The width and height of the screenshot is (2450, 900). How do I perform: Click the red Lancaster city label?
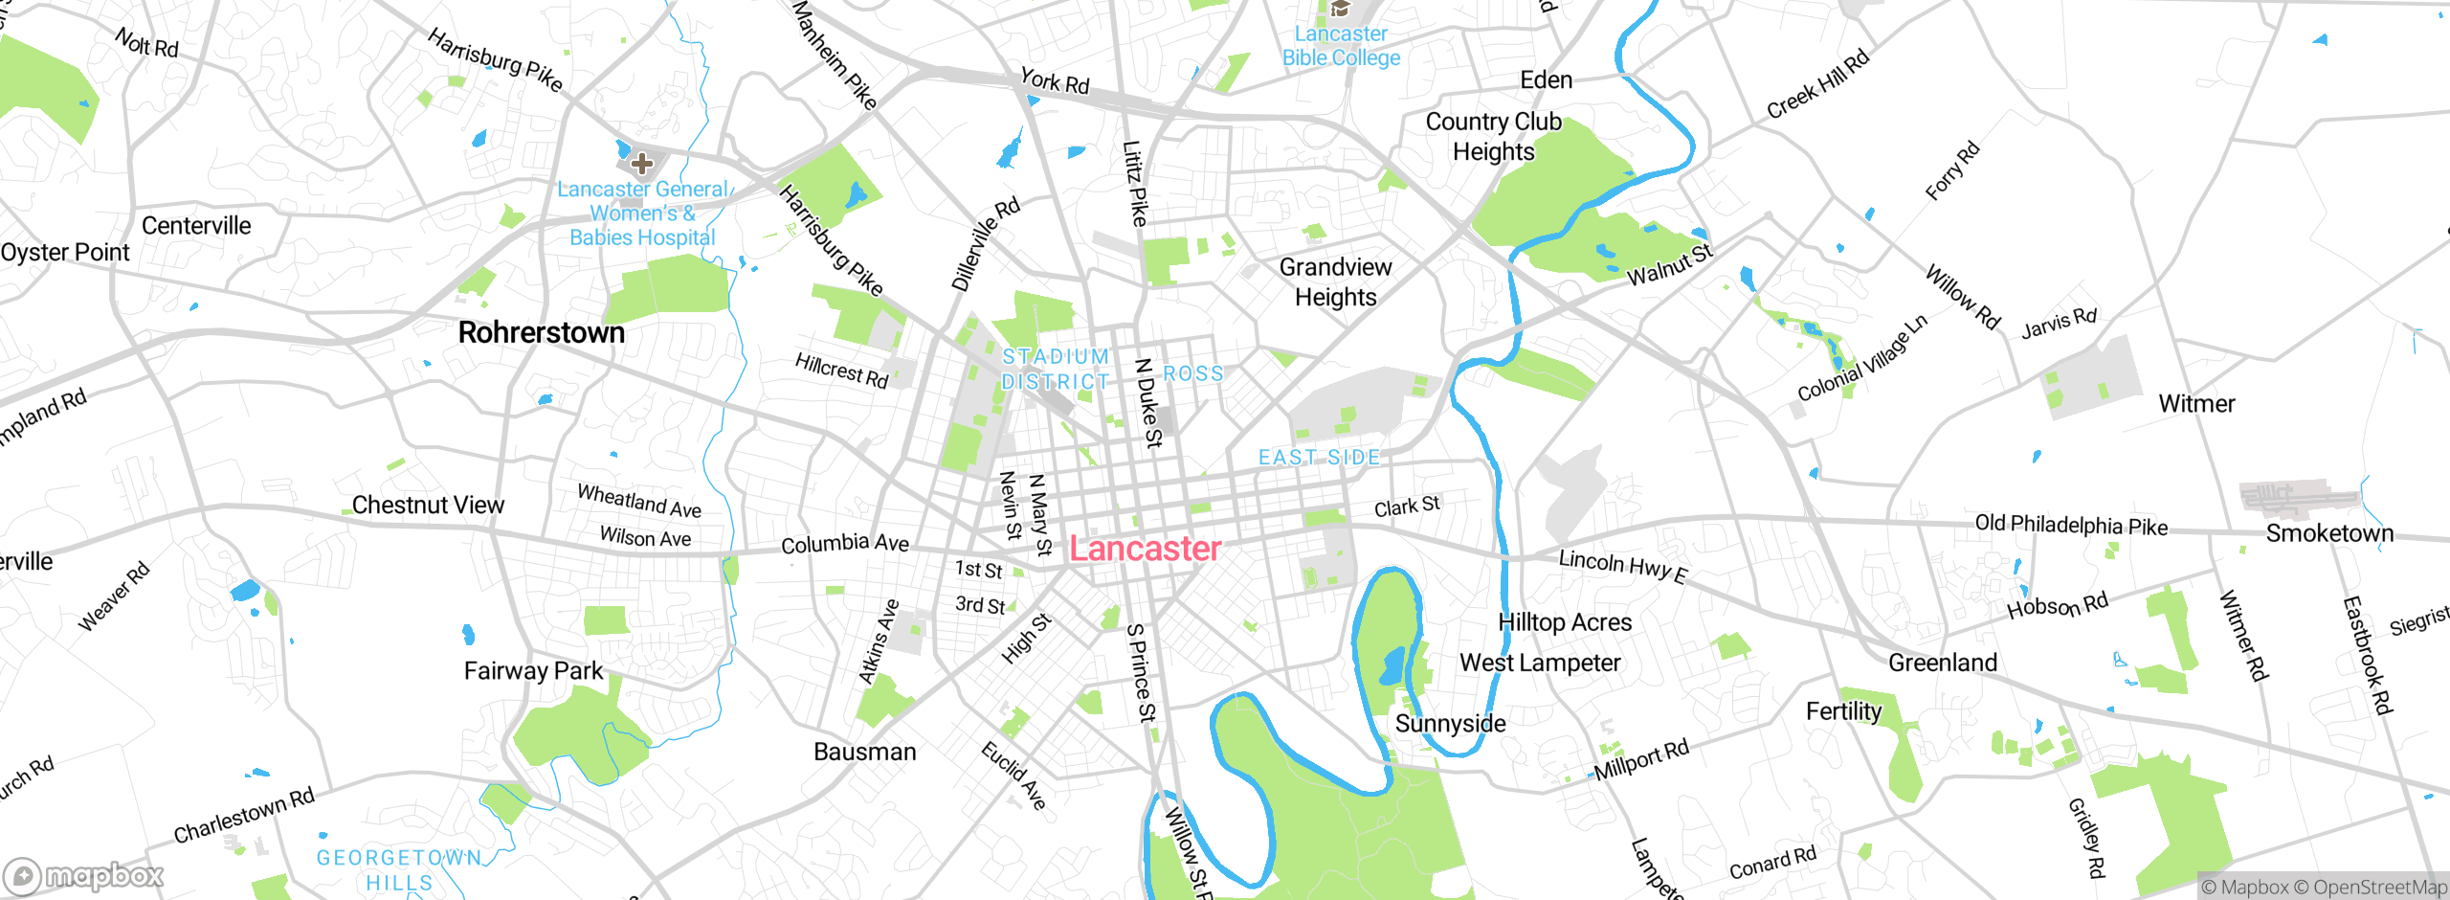click(1145, 549)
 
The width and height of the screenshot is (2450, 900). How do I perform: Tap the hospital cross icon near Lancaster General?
click(642, 164)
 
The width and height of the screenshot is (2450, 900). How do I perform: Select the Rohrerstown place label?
click(541, 332)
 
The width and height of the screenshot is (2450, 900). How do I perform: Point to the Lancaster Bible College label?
click(1341, 46)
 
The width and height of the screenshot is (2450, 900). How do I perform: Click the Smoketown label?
click(2328, 533)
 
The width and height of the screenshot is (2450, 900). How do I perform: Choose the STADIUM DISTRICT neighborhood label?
click(1055, 369)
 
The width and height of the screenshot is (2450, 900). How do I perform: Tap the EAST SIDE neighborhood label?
click(1319, 458)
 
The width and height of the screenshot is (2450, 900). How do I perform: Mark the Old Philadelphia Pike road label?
click(2071, 525)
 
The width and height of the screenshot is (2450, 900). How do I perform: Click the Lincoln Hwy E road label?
click(1622, 565)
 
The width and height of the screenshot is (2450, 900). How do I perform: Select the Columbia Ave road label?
click(845, 544)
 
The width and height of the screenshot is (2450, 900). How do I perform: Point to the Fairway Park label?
click(533, 670)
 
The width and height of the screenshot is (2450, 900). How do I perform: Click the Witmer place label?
click(2196, 404)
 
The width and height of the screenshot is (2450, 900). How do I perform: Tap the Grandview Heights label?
click(1335, 281)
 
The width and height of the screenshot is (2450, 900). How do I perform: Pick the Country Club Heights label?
click(1493, 136)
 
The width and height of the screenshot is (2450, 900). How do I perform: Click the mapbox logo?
click(84, 875)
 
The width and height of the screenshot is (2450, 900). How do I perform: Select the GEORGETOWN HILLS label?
click(399, 869)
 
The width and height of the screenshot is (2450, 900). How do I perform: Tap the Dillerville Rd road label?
click(985, 245)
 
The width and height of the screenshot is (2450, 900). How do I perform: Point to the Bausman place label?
click(864, 752)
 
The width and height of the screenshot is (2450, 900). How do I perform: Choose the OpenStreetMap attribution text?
click(2376, 888)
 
